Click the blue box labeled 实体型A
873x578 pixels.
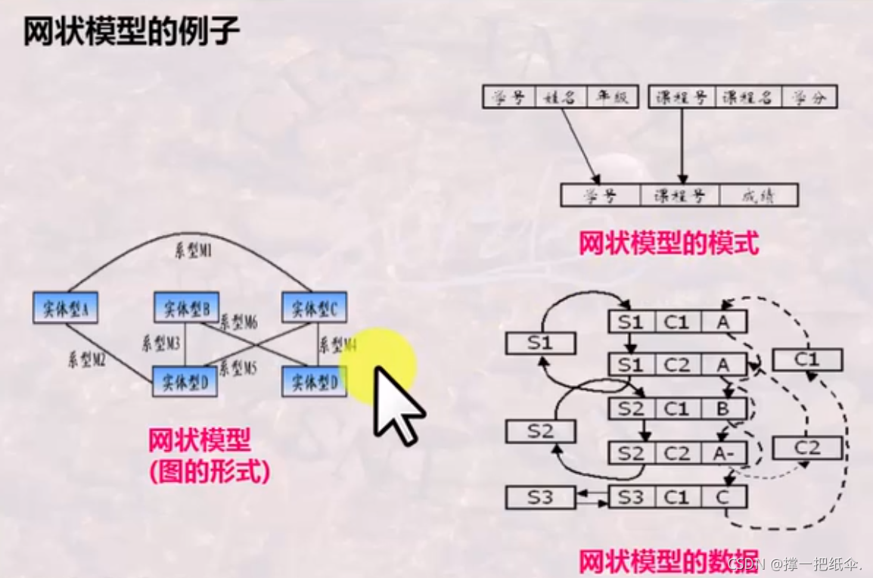(x=66, y=308)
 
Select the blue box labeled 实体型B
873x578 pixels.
(x=186, y=307)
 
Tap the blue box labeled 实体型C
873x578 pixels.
(x=314, y=307)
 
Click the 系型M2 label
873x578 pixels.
(x=87, y=359)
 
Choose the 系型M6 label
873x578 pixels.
(x=238, y=323)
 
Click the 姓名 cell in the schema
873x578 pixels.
(x=561, y=98)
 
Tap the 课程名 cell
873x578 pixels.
(x=747, y=98)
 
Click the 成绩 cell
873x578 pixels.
(x=758, y=195)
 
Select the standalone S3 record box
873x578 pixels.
(x=540, y=497)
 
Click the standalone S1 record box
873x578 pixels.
(x=540, y=343)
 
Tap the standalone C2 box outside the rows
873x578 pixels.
(x=806, y=447)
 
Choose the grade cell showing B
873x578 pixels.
(x=722, y=409)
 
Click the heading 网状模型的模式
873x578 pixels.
(x=668, y=244)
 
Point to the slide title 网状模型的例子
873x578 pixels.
(x=132, y=32)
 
